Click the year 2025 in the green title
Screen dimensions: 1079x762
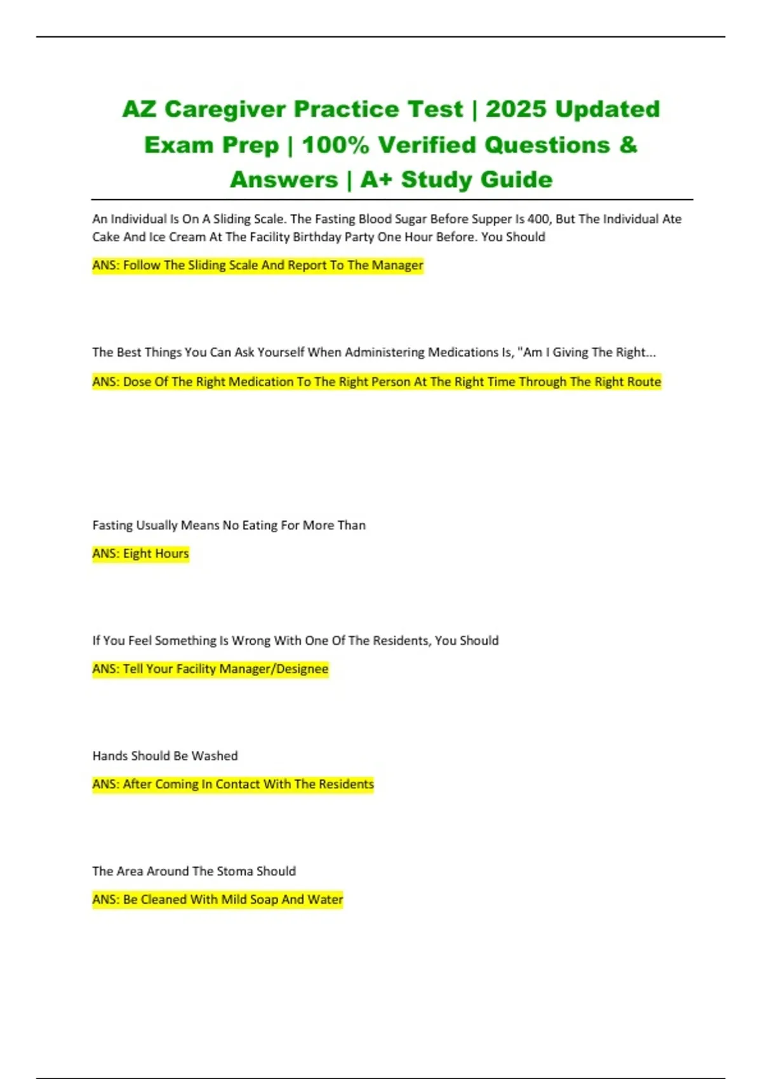tap(516, 109)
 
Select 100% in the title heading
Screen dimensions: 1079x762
tap(335, 145)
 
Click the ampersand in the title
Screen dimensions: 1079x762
tap(627, 145)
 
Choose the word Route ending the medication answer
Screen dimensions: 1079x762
tap(643, 381)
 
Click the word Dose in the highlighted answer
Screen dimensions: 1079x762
tap(137, 381)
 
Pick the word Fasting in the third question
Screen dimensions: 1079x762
tap(112, 525)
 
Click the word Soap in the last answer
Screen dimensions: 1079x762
tap(264, 899)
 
